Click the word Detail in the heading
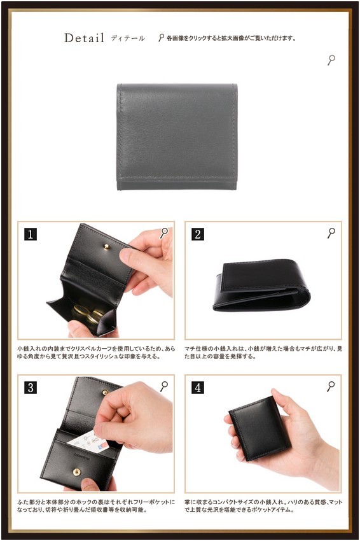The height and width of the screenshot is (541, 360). pos(84,38)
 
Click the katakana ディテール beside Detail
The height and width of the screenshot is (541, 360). pos(128,38)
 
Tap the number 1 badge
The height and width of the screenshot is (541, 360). pos(31,234)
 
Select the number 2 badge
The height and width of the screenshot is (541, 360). pos(198,234)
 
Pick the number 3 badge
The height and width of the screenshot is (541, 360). pos(31,388)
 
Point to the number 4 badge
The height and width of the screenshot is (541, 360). pos(198,388)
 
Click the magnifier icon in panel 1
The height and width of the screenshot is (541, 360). pos(164,233)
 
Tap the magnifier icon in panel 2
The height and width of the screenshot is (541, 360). pos(331,233)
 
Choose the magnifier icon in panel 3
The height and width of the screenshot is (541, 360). pos(164,386)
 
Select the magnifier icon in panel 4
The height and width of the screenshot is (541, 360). pos(331,386)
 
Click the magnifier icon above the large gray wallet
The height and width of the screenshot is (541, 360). pos(331,60)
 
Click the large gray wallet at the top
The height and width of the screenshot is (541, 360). pos(177,137)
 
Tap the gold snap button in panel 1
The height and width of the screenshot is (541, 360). pos(107,247)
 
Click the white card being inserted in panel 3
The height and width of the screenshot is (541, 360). pos(88,441)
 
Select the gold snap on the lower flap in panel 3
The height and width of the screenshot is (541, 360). pos(76,472)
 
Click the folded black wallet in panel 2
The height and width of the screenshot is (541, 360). pos(262,286)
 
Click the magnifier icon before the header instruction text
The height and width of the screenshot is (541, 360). pos(161,38)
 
